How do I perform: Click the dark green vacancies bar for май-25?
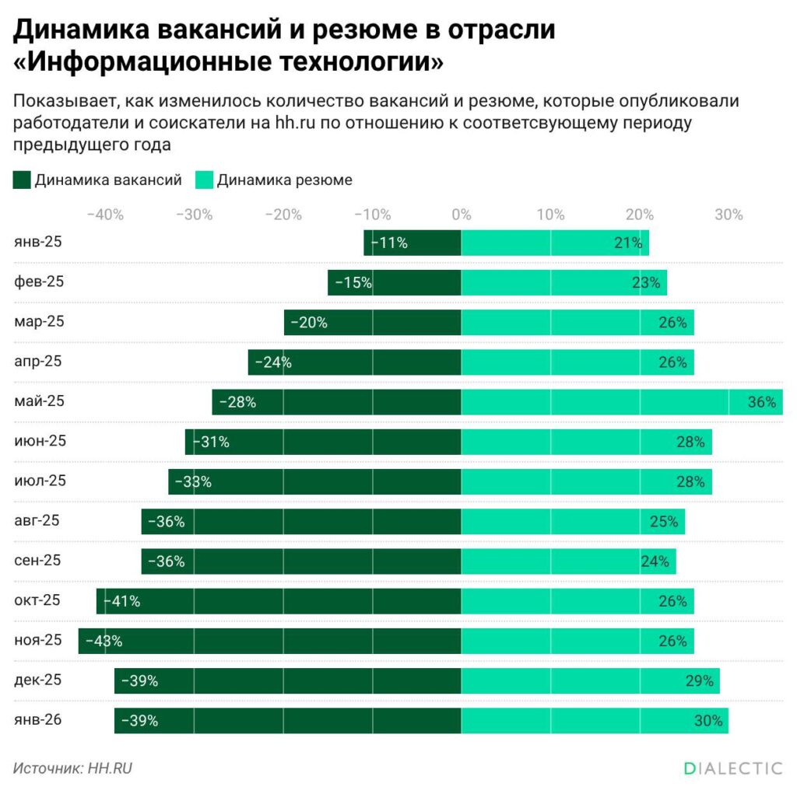click(336, 402)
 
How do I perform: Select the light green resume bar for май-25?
click(621, 402)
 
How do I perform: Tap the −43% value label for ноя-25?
click(104, 642)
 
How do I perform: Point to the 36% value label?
click(762, 402)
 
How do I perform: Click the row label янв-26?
click(38, 720)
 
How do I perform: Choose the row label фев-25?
click(39, 282)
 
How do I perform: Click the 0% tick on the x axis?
click(462, 215)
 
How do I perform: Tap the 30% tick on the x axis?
click(729, 215)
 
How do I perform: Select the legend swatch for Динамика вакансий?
click(22, 180)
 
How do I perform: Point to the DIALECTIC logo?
click(733, 768)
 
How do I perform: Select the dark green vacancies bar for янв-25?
click(413, 243)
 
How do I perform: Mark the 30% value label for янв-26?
click(708, 721)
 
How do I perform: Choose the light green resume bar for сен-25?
click(568, 561)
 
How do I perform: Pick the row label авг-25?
click(37, 520)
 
